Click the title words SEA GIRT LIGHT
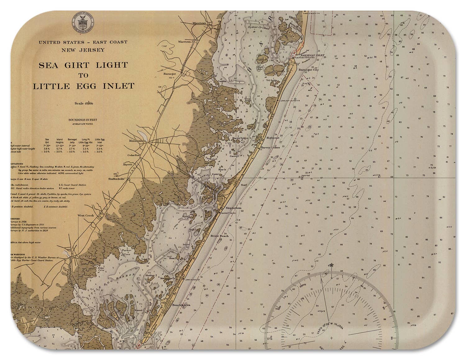click(x=83, y=65)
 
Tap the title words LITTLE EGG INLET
click(x=84, y=86)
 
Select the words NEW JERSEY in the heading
click(x=83, y=50)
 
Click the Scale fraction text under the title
click(x=84, y=103)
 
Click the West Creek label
click(x=85, y=215)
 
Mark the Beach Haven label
click(x=181, y=305)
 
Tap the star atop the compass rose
click(x=331, y=265)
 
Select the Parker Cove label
click(x=126, y=252)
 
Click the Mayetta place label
click(x=128, y=164)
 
